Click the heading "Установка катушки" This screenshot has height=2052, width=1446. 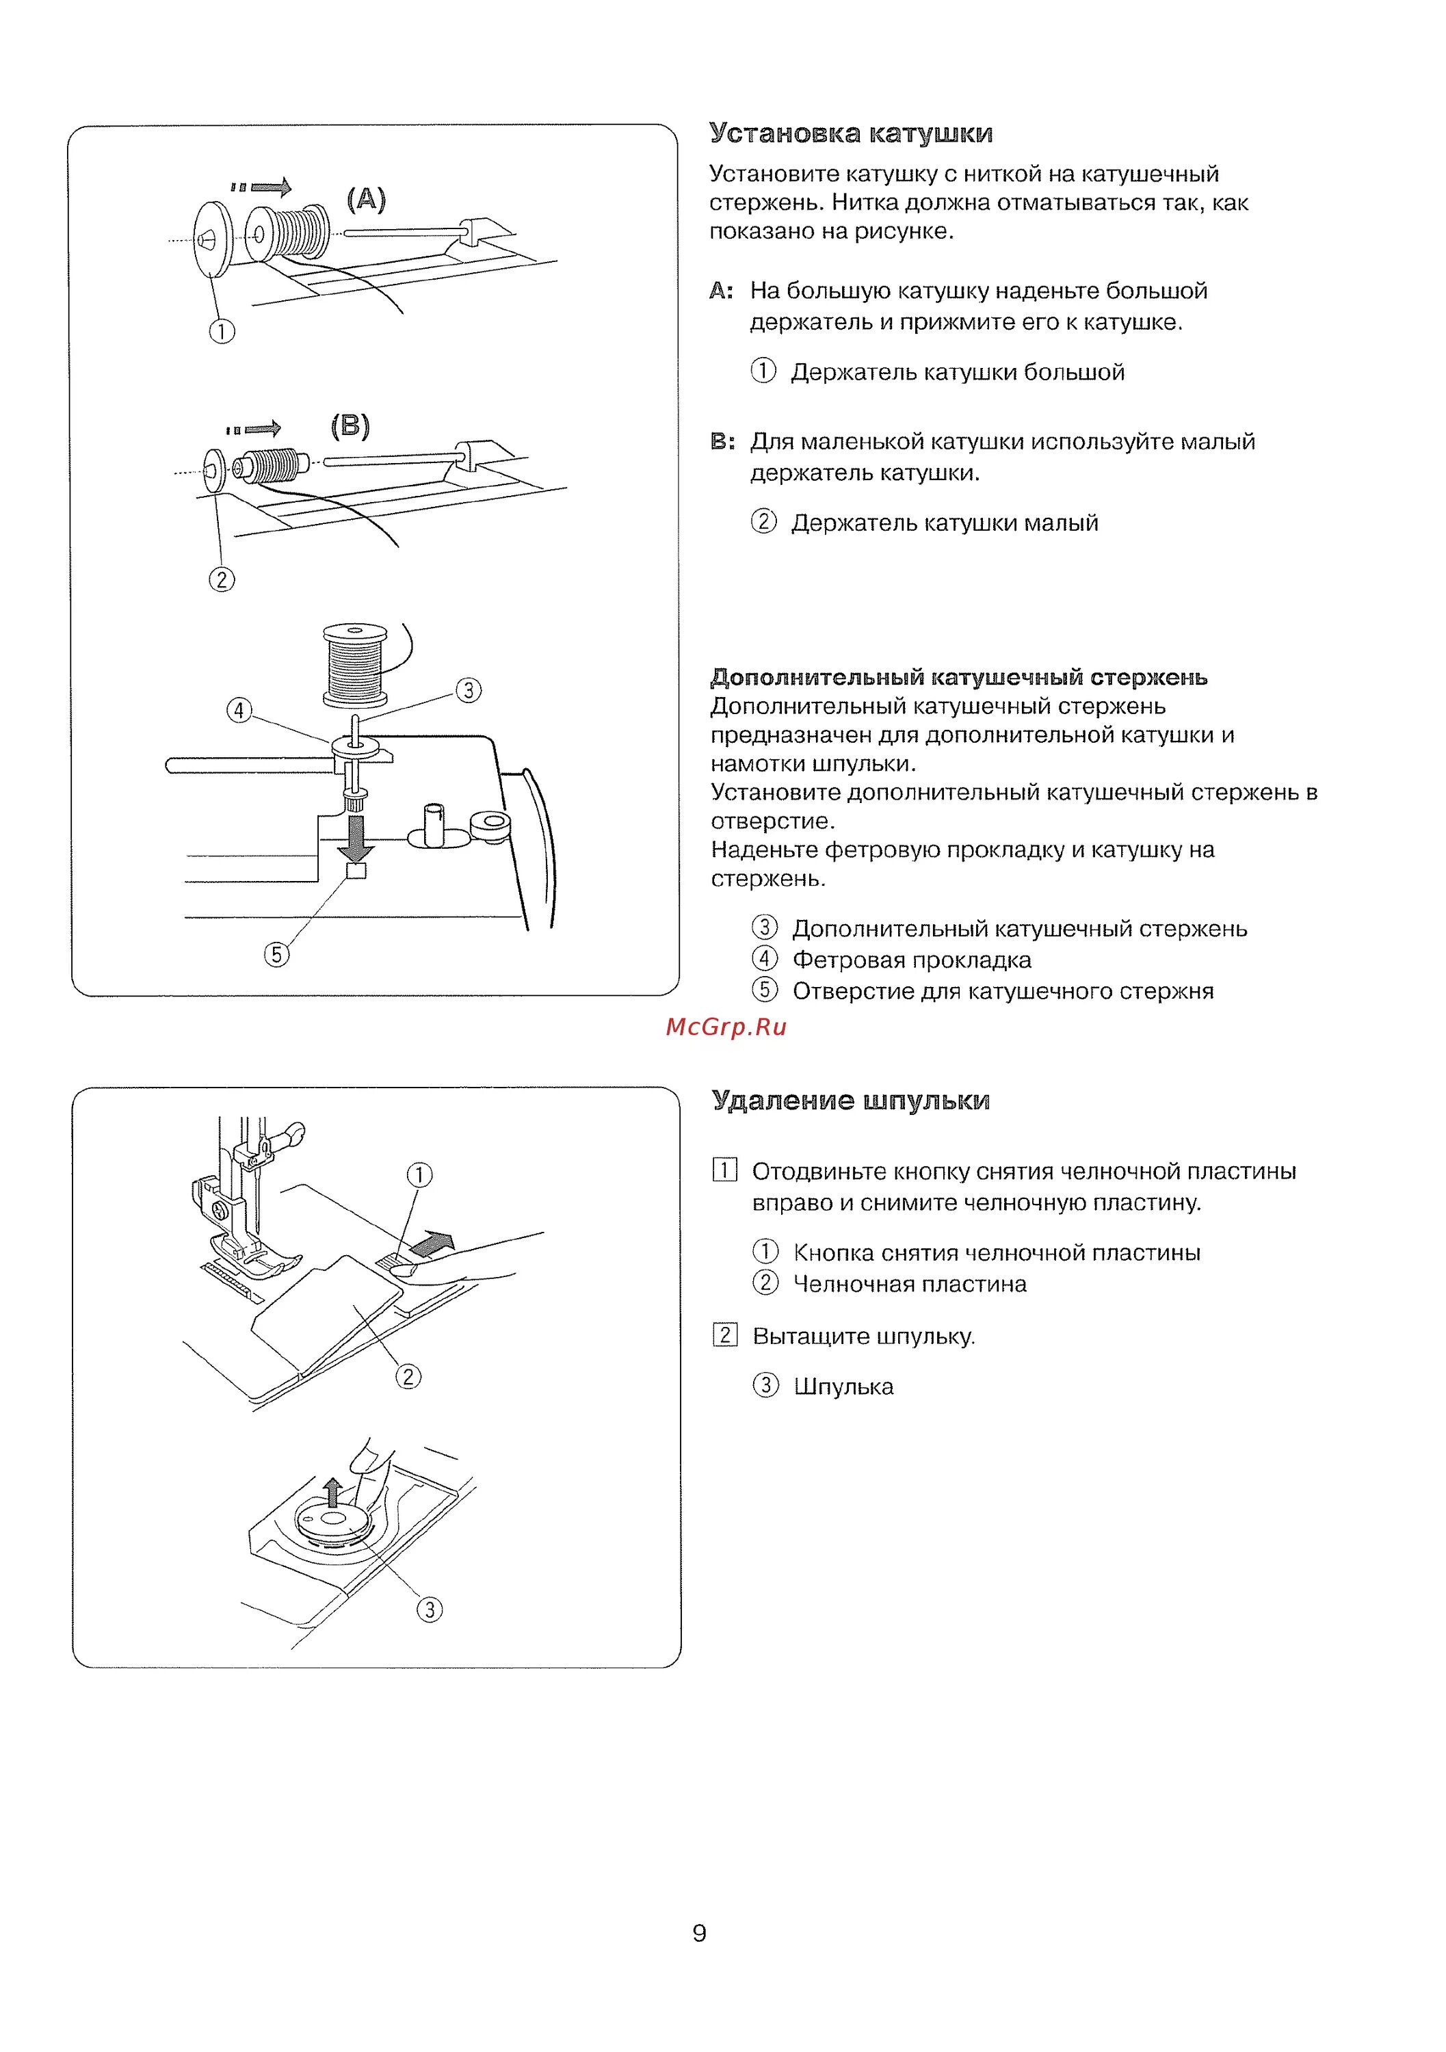850,133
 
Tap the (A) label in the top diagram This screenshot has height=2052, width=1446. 367,198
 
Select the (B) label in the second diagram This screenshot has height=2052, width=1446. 350,425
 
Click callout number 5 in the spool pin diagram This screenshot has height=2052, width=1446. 276,954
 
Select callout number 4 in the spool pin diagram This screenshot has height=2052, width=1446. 239,711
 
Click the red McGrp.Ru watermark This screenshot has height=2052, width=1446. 726,1027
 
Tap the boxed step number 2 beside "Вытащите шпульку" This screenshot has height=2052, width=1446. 724,1335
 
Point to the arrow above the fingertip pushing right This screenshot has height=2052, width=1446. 432,1244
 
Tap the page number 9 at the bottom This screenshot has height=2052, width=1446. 699,1933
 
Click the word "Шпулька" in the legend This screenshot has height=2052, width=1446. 843,1386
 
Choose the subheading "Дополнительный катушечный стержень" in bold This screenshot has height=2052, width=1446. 958,677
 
